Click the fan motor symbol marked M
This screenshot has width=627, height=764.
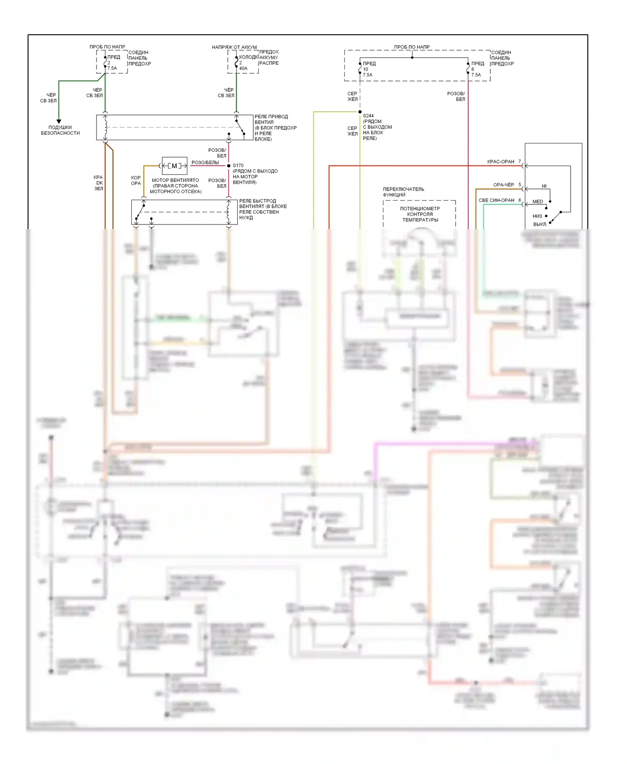[x=174, y=166]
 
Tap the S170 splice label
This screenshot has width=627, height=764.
[x=238, y=166]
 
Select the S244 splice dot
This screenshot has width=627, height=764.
[x=360, y=112]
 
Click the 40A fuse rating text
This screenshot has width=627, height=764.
[x=243, y=69]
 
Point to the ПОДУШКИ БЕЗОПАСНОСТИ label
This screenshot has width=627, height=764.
[x=60, y=130]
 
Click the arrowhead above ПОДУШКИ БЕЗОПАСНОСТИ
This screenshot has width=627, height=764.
[x=59, y=121]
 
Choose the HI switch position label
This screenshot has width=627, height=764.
[x=544, y=186]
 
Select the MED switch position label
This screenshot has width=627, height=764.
[x=538, y=202]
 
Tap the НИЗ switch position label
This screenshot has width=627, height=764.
[x=537, y=216]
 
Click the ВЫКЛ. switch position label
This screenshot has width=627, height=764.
[x=540, y=224]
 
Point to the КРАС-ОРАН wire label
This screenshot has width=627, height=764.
[x=501, y=162]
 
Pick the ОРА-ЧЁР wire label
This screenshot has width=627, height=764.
[x=504, y=185]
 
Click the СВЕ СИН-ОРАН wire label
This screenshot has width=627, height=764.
[x=496, y=201]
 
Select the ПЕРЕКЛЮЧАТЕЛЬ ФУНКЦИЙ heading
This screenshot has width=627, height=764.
[x=403, y=192]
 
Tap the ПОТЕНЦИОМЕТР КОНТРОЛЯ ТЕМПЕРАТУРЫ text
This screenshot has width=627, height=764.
[x=420, y=214]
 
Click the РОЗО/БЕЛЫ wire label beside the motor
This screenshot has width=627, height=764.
[x=205, y=163]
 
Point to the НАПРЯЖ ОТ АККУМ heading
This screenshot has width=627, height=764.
[x=234, y=47]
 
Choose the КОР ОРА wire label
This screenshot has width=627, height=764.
[x=136, y=181]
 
